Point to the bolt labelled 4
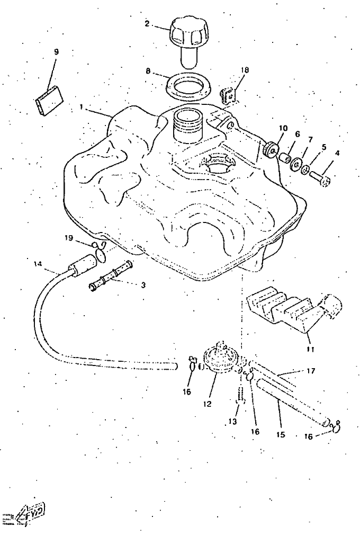click(321, 177)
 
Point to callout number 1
click(82, 106)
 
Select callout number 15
click(280, 434)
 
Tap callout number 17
click(311, 371)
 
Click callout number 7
click(310, 139)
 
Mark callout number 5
click(324, 147)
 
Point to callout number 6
click(298, 135)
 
